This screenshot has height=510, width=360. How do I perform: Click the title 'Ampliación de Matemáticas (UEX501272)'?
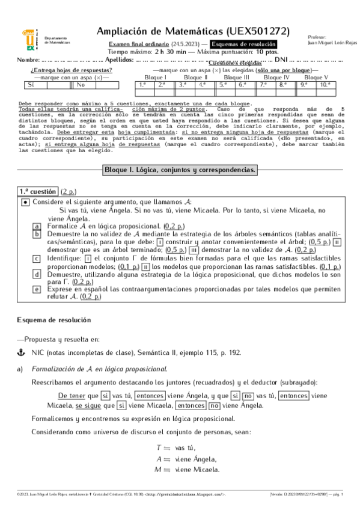click(x=193, y=31)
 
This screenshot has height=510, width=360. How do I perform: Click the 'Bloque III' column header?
click(x=236, y=78)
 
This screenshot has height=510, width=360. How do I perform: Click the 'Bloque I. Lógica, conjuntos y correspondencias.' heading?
click(x=180, y=170)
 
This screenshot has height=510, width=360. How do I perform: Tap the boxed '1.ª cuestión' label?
click(x=37, y=191)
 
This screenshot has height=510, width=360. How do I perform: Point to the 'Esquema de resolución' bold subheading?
click(x=53, y=320)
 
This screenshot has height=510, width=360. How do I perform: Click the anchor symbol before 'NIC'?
click(x=20, y=354)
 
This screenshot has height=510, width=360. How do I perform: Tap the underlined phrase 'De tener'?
click(x=71, y=396)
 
